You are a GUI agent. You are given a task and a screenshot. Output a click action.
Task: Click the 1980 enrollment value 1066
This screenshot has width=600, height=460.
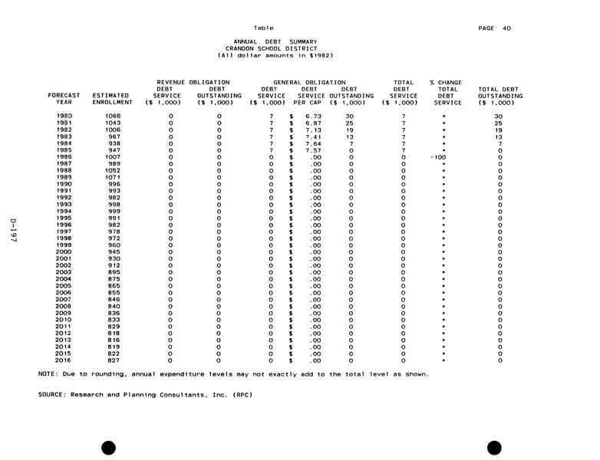pyautogui.click(x=113, y=116)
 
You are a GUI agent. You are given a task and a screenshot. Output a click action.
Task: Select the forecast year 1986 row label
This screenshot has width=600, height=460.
pyautogui.click(x=64, y=156)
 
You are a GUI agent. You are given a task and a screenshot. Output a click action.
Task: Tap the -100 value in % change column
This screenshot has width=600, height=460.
pyautogui.click(x=438, y=156)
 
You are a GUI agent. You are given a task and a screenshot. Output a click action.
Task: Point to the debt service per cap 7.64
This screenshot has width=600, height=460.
pyautogui.click(x=313, y=143)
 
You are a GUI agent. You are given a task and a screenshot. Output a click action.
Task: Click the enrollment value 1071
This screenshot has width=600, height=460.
pyautogui.click(x=113, y=177)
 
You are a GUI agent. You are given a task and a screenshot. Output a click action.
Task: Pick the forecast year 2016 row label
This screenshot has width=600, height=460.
pyautogui.click(x=64, y=360)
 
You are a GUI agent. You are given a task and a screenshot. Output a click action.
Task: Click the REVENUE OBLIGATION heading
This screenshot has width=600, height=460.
pyautogui.click(x=193, y=82)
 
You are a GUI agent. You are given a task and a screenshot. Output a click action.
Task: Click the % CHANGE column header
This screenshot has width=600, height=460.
pyautogui.click(x=446, y=82)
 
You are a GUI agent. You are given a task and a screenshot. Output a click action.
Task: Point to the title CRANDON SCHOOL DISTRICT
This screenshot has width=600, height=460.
pyautogui.click(x=276, y=48)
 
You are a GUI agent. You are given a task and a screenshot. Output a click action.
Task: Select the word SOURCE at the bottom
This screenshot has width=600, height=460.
pyautogui.click(x=51, y=395)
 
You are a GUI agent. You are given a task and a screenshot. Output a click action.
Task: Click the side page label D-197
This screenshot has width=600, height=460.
pyautogui.click(x=14, y=230)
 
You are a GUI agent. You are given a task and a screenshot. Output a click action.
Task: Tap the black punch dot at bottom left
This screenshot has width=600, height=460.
pyautogui.click(x=108, y=448)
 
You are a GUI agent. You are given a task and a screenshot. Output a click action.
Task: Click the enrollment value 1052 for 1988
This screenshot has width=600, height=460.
pyautogui.click(x=113, y=170)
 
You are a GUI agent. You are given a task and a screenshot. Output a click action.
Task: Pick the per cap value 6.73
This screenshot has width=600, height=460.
pyautogui.click(x=313, y=116)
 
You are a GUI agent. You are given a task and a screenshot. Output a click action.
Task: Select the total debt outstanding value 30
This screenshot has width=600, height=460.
pyautogui.click(x=498, y=116)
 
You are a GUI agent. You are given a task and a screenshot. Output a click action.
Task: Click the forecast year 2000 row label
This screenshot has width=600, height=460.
pyautogui.click(x=64, y=251)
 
